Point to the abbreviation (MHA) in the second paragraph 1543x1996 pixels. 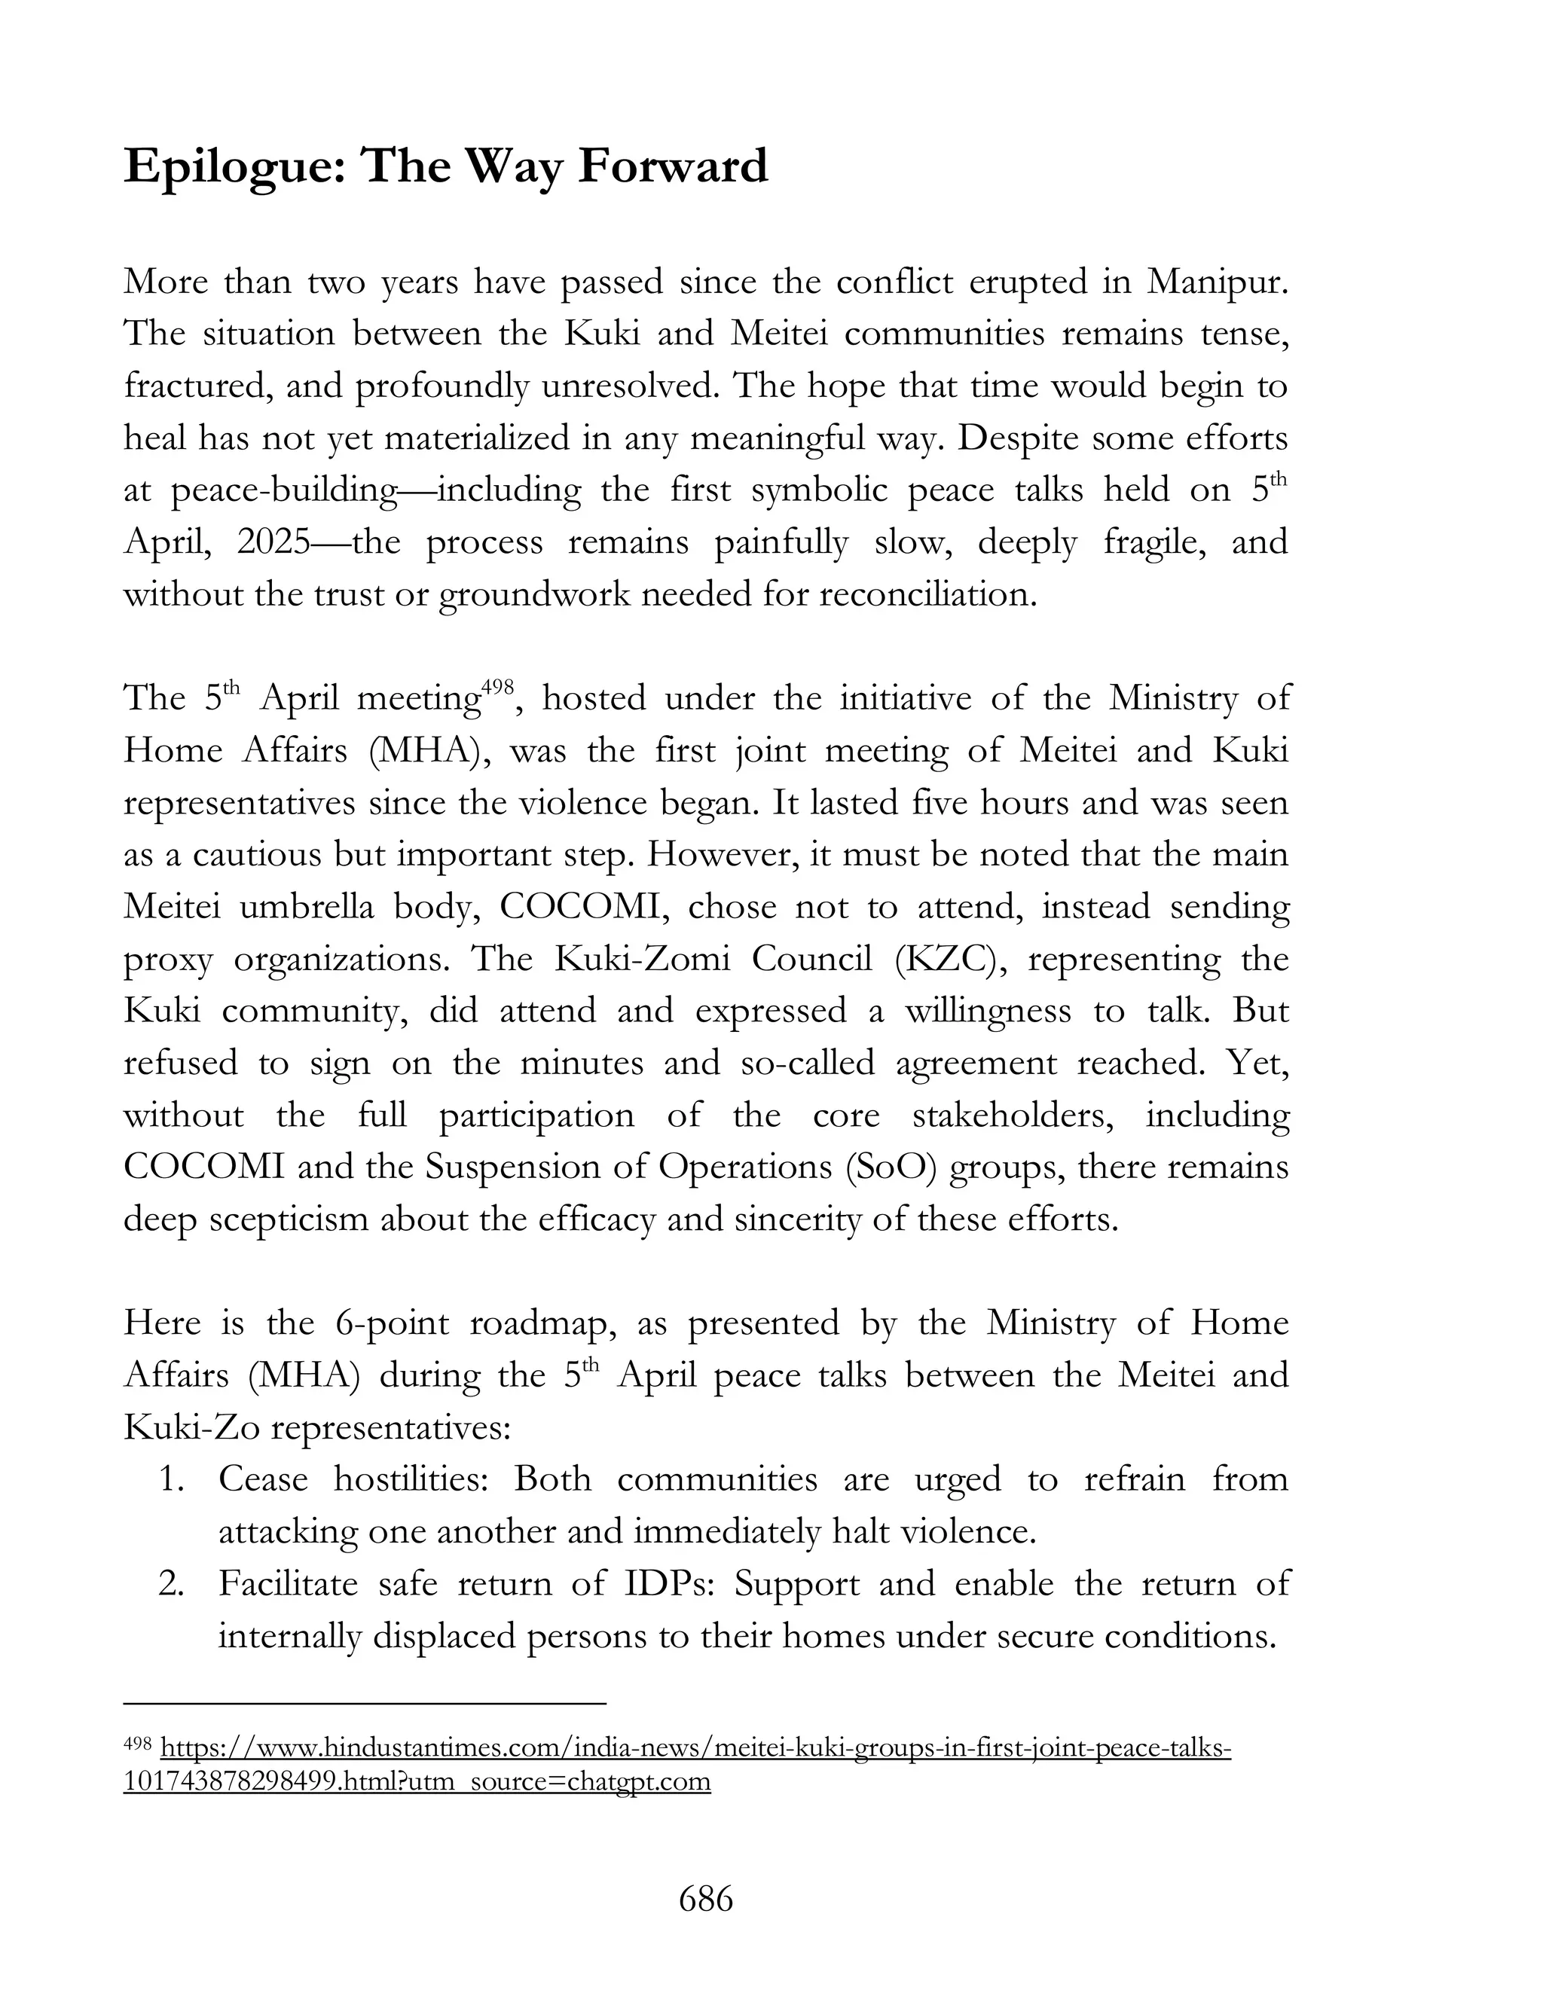pos(427,750)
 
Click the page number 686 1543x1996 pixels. pos(706,1899)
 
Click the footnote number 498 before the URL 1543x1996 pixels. pos(137,1744)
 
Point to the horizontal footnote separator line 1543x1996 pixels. pos(365,1704)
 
